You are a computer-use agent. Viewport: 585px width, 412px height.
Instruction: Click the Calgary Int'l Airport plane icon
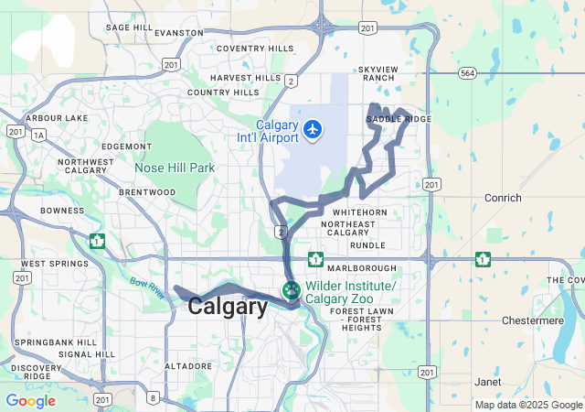pyautogui.click(x=314, y=130)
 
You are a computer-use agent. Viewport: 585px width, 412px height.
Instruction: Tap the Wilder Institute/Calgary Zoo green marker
pyautogui.click(x=292, y=291)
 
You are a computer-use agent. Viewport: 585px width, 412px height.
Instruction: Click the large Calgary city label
pyautogui.click(x=228, y=308)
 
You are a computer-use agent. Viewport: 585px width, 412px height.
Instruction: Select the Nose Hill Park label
pyautogui.click(x=175, y=168)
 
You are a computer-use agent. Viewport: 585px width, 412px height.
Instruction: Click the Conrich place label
pyautogui.click(x=504, y=198)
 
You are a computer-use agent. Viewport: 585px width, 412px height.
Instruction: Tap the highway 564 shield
pyautogui.click(x=468, y=72)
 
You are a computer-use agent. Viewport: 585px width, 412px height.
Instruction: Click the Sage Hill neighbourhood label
pyautogui.click(x=130, y=27)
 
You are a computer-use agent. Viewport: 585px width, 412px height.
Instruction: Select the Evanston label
pyautogui.click(x=179, y=32)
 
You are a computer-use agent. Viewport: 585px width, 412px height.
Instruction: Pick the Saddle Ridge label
pyautogui.click(x=399, y=119)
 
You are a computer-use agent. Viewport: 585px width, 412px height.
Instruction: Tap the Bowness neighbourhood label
pyautogui.click(x=62, y=211)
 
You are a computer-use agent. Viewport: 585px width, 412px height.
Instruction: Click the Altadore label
pyautogui.click(x=187, y=366)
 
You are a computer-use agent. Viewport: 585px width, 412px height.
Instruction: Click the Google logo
pyautogui.click(x=30, y=400)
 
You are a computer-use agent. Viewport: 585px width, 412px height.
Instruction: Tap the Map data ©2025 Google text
pyautogui.click(x=528, y=405)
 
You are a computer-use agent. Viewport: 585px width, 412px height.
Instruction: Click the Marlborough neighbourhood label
pyautogui.click(x=363, y=268)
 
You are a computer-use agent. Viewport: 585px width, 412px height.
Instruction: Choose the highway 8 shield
pyautogui.click(x=153, y=397)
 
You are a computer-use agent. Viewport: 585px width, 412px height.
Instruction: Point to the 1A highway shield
pyautogui.click(x=37, y=135)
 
